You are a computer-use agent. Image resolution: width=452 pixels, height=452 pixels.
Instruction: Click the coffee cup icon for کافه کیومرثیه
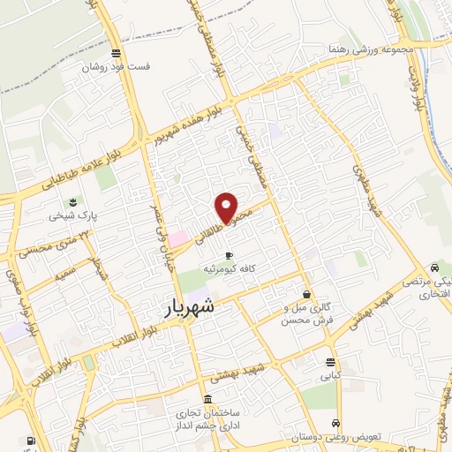(x=229, y=254)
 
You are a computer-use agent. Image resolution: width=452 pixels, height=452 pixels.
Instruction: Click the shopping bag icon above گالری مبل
(x=305, y=294)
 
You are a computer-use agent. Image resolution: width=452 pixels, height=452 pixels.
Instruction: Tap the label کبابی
(x=330, y=375)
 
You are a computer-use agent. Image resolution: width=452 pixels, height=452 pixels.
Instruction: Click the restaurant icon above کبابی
(x=330, y=362)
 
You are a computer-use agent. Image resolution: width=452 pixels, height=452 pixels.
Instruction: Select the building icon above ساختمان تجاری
(x=206, y=399)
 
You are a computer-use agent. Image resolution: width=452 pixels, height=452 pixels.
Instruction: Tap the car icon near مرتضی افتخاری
(x=433, y=268)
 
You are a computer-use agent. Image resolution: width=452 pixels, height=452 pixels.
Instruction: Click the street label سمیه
(x=64, y=273)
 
